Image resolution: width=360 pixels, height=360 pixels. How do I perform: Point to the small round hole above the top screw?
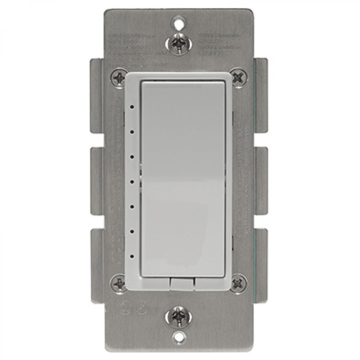pos(180,21)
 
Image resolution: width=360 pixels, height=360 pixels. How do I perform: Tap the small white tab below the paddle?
pos(179,283)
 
